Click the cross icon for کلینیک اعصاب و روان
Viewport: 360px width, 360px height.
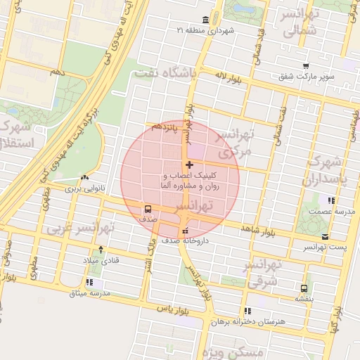(189, 165)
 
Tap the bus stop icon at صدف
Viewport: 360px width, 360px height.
(148, 209)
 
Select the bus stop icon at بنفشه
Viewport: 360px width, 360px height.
(304, 288)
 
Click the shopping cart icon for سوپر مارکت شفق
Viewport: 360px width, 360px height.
(305, 66)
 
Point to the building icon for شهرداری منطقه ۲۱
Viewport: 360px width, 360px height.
(204, 20)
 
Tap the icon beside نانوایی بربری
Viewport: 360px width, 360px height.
(84, 178)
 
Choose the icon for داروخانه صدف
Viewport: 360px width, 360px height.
(184, 231)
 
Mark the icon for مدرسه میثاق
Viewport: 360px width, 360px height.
(89, 282)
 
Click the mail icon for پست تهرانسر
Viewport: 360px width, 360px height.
(324, 237)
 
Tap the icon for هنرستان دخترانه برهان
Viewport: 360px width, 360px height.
(247, 310)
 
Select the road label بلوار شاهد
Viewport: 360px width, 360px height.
(257, 229)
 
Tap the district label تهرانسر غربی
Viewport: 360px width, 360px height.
(81, 228)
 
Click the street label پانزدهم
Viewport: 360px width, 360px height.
(165, 130)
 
